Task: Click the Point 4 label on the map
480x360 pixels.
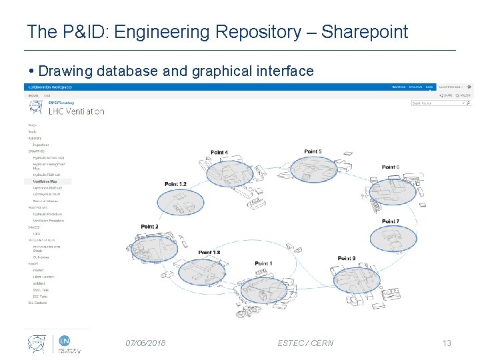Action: [219, 153]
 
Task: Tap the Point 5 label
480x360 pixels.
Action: [313, 151]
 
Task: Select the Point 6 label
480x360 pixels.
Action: [391, 167]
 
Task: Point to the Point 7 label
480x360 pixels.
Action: [391, 221]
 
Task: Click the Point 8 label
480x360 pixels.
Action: [347, 258]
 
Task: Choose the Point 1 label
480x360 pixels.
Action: [263, 263]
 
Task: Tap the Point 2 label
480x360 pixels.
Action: [150, 227]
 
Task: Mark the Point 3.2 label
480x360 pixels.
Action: [175, 184]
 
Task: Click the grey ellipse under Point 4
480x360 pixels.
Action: [229, 173]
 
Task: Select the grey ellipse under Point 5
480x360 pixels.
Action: [311, 169]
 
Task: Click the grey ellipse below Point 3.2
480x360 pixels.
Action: [179, 203]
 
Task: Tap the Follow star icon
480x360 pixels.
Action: [457, 95]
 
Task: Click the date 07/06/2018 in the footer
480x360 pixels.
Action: [146, 343]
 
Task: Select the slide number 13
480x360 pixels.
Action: [447, 343]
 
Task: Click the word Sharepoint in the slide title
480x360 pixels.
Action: [365, 31]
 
